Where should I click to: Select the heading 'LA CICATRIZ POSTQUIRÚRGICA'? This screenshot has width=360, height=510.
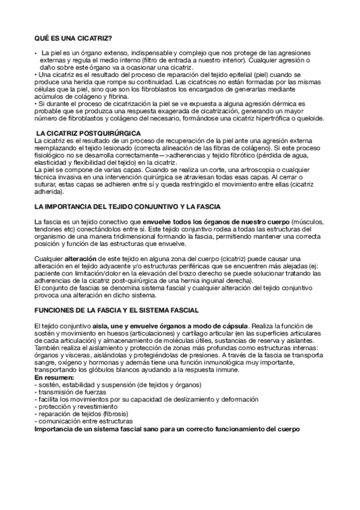pyautogui.click(x=88, y=132)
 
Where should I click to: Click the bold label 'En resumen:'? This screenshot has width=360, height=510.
pyautogui.click(x=54, y=377)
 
